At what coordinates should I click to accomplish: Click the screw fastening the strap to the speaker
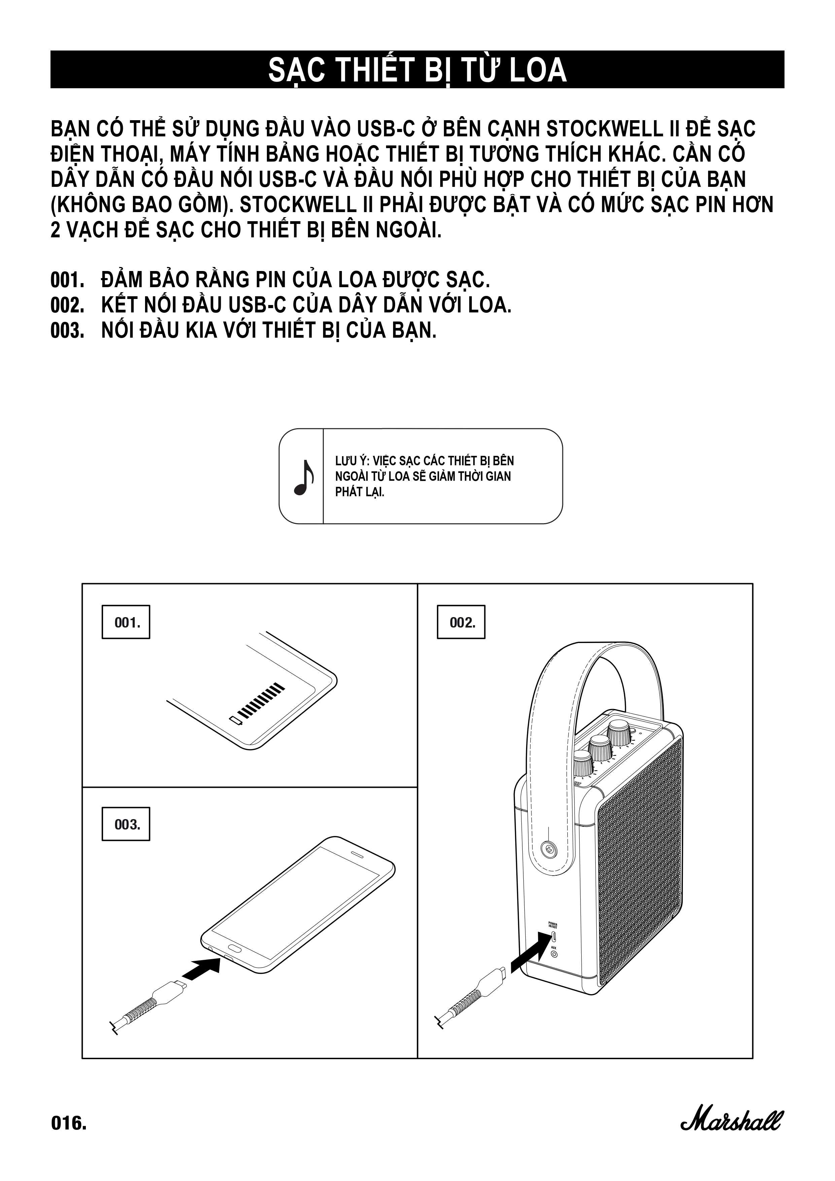pos(550,850)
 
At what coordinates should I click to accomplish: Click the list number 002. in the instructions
pos(67,306)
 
